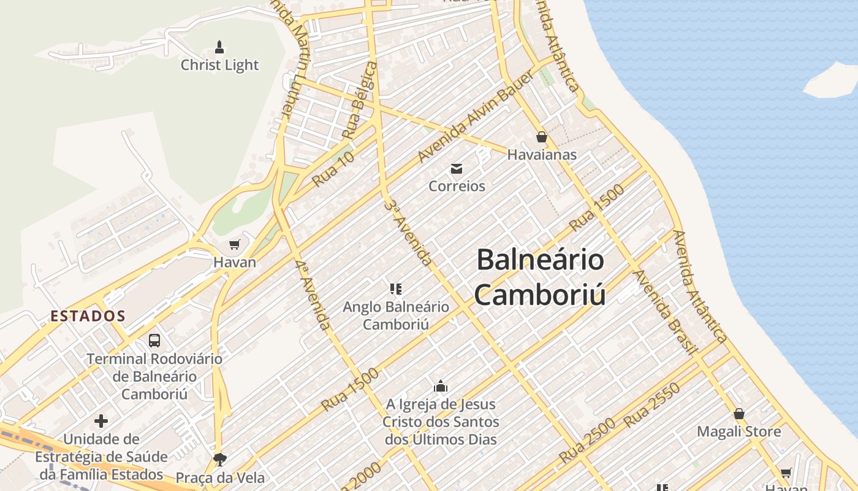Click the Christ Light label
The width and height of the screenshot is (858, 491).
point(219,65)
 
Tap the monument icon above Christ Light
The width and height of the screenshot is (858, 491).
point(219,47)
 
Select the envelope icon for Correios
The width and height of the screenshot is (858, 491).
point(457,169)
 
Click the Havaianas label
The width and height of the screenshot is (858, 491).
point(542,155)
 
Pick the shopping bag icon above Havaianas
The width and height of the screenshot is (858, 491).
point(541,137)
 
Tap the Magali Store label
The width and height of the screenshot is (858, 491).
point(739,431)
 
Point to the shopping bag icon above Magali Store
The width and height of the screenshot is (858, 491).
point(739,414)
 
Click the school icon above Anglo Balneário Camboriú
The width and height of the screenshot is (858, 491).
point(396,288)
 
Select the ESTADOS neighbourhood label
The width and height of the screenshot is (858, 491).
point(88,316)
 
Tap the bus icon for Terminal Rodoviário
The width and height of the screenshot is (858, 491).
point(154,340)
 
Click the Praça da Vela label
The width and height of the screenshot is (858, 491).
point(220,477)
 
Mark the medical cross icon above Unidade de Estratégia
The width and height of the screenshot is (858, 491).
point(101,421)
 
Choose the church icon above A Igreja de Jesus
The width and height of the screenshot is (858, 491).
point(441,386)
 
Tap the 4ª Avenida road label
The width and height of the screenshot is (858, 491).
point(312,295)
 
